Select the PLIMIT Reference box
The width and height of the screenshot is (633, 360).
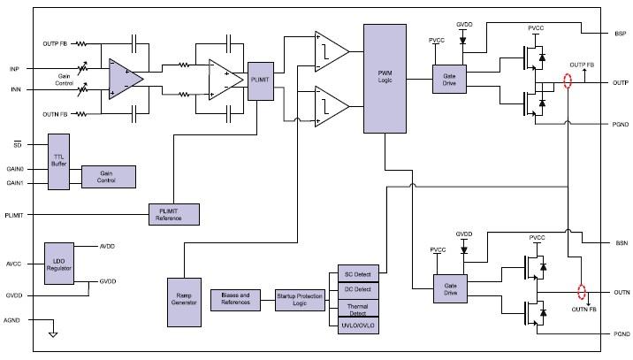pos(173,214)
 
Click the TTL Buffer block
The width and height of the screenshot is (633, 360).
pos(59,162)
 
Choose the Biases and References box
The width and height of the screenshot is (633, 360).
pos(236,301)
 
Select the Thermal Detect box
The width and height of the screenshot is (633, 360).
pos(358,308)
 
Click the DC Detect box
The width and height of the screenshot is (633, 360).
pos(358,289)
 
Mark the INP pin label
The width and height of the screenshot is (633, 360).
pos(14,68)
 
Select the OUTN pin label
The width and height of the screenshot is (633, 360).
pos(620,291)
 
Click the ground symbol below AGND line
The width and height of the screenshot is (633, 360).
pos(53,333)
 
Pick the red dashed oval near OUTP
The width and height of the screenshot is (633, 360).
pos(568,82)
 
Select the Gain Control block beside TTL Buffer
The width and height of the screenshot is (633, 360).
pos(109,177)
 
